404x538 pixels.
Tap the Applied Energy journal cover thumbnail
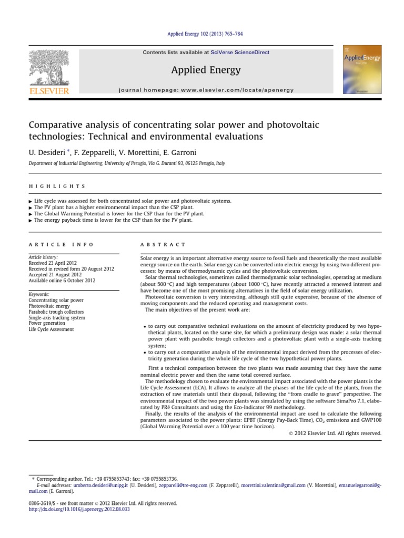point(362,69)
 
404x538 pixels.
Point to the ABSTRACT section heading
point(163,244)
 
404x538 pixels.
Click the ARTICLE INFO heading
point(61,244)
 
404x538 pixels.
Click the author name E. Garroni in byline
point(178,152)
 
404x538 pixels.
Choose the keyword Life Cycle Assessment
point(51,329)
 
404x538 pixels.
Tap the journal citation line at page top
point(205,34)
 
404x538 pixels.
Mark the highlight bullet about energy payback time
point(113,221)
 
